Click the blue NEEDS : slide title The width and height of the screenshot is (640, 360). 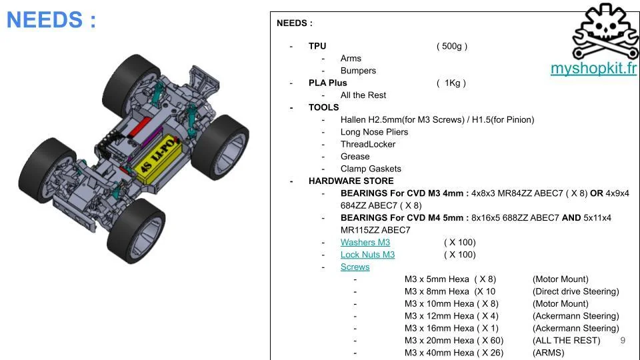(x=51, y=20)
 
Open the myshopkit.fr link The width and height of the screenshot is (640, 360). (x=593, y=69)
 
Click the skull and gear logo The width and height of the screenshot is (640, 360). (x=605, y=32)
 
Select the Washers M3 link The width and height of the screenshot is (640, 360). (x=365, y=242)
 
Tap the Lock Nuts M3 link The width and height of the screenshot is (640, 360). (x=367, y=255)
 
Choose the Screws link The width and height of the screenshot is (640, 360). (x=355, y=267)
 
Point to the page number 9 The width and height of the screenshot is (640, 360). (x=623, y=341)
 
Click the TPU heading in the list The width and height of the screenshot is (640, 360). (x=317, y=46)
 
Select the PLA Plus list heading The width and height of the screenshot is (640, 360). (x=327, y=83)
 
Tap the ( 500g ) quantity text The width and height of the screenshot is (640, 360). (x=451, y=46)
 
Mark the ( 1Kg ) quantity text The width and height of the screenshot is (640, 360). (x=451, y=83)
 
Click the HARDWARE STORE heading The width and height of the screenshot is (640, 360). (x=351, y=181)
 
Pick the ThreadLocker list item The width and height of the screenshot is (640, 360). (x=367, y=144)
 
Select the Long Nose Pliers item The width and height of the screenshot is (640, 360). (x=374, y=132)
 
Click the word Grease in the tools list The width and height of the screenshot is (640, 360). (x=355, y=157)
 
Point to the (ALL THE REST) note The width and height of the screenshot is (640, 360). (x=566, y=341)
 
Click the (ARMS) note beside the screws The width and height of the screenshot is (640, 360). (x=548, y=353)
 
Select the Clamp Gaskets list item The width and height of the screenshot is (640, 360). (x=371, y=169)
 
